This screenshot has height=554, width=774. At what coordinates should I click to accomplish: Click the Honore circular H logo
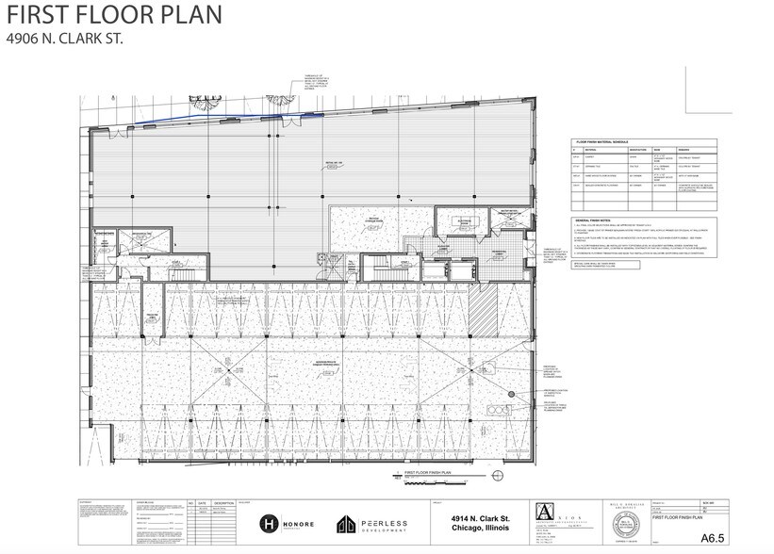coord(267,524)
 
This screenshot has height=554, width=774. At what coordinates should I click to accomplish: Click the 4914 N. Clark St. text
coord(476,517)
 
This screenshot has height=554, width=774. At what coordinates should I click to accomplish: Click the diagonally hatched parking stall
coord(485,310)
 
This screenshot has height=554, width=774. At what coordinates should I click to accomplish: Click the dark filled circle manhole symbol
coord(512,394)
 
